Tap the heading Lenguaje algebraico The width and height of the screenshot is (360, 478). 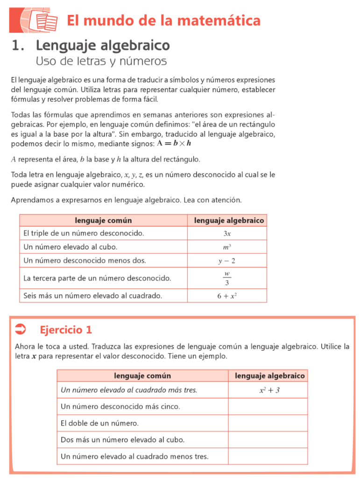tap(103, 46)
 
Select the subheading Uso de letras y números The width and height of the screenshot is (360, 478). tap(101, 61)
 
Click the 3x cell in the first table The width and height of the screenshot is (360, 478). tap(227, 233)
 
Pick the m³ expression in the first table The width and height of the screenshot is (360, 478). tap(227, 247)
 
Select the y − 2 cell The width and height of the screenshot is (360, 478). tap(227, 260)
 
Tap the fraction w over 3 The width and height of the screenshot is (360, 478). tap(227, 278)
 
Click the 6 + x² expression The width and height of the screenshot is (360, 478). tap(227, 295)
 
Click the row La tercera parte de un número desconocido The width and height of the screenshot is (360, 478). tap(97, 278)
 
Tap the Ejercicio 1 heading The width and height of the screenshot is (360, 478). tap(66, 330)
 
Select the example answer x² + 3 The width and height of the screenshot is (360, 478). tap(269, 390)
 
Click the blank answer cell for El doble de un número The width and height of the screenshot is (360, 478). tap(268, 423)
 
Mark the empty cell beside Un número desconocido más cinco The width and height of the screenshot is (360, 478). tap(268, 407)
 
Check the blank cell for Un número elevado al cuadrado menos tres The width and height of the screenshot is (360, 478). tap(268, 457)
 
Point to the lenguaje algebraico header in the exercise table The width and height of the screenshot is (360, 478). tap(269, 376)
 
